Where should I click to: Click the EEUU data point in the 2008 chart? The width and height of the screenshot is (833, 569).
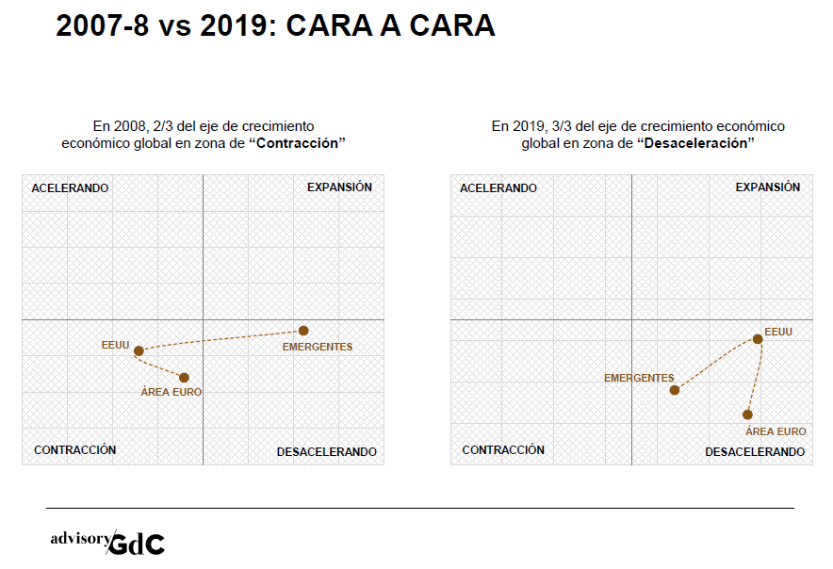click(139, 350)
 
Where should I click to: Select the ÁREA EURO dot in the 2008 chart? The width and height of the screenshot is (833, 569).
click(184, 378)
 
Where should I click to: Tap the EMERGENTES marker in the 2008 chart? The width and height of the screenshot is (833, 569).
click(303, 330)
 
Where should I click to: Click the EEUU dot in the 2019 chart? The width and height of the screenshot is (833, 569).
click(758, 339)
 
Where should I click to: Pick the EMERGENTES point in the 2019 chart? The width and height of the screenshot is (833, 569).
click(675, 390)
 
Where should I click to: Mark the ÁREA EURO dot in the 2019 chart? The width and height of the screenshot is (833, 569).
click(747, 415)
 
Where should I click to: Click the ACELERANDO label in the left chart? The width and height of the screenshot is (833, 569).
click(70, 188)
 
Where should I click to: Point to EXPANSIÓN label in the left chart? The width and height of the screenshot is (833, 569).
click(339, 187)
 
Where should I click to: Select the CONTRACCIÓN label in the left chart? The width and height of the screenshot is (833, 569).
click(75, 450)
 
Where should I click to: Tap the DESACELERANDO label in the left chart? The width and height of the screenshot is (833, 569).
click(326, 452)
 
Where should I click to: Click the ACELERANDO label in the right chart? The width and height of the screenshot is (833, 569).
click(498, 188)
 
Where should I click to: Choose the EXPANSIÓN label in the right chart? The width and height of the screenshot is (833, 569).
click(768, 187)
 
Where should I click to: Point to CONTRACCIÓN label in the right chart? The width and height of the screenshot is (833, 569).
click(503, 450)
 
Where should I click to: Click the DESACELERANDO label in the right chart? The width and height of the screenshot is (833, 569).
click(755, 452)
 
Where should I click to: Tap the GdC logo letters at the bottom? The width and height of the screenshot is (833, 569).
click(137, 544)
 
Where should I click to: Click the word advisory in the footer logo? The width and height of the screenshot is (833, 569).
click(80, 539)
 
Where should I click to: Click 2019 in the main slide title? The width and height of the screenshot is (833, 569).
click(236, 26)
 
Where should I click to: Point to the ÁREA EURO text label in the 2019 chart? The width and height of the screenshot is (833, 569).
click(776, 431)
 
